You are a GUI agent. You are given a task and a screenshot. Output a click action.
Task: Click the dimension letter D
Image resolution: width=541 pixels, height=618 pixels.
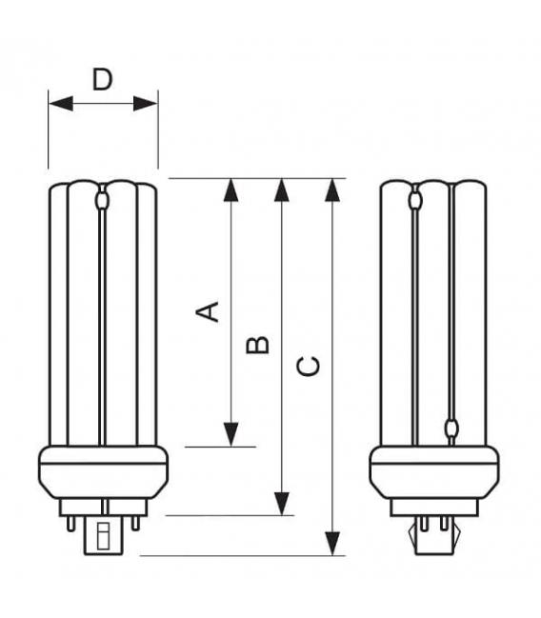(102, 79)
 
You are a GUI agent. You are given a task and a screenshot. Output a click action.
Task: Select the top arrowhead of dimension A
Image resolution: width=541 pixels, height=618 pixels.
(230, 189)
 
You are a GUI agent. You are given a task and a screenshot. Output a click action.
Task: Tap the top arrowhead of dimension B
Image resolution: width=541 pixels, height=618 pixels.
(281, 189)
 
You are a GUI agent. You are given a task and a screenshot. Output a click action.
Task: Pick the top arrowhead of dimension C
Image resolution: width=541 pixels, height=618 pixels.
(332, 189)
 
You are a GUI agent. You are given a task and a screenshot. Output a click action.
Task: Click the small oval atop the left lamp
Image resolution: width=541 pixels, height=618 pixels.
(102, 201)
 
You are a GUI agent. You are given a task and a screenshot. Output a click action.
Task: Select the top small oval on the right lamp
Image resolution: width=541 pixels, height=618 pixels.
(414, 201)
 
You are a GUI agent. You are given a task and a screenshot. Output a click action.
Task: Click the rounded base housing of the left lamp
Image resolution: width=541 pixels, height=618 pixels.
(102, 471)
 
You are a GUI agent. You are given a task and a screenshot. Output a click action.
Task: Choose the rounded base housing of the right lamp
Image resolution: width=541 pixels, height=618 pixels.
(433, 471)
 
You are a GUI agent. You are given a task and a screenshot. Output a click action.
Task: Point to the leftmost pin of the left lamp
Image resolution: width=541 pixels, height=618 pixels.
(68, 521)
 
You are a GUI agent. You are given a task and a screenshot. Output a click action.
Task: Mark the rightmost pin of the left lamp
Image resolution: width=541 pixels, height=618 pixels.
(137, 521)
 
